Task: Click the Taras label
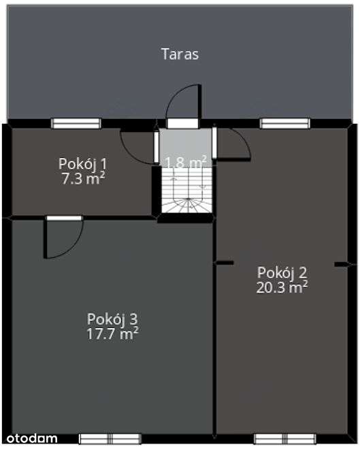click(x=180, y=54)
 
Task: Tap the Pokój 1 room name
click(x=83, y=164)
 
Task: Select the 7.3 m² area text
click(x=83, y=178)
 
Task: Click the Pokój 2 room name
click(x=282, y=272)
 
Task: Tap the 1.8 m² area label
click(x=186, y=162)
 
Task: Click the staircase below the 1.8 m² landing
click(x=186, y=194)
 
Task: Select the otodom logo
click(x=33, y=436)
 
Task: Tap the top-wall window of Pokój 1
click(x=76, y=123)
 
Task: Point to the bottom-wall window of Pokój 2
click(x=280, y=439)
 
